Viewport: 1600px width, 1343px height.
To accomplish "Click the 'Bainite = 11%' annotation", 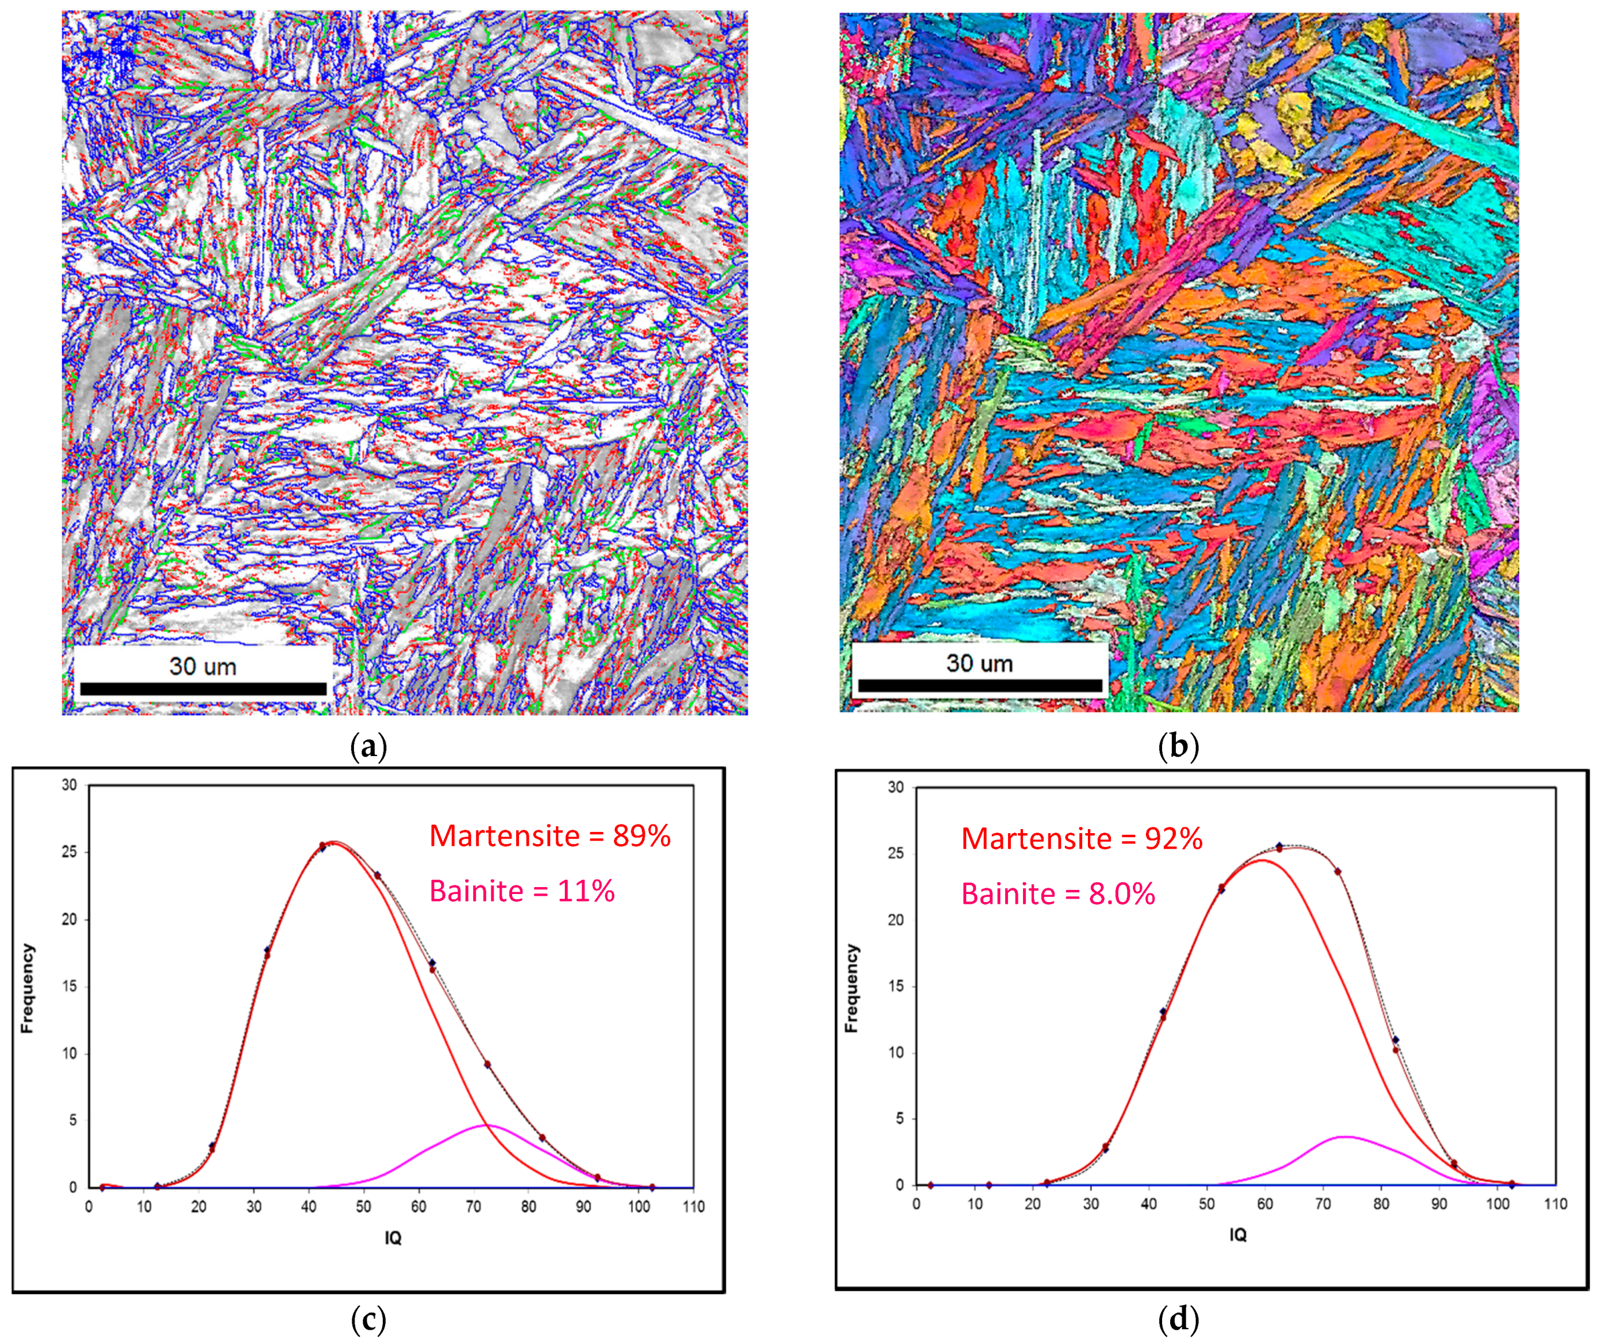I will click(522, 891).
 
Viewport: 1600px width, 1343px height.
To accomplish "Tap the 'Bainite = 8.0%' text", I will click(1058, 893).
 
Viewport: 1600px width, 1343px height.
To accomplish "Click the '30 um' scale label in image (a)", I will click(203, 666).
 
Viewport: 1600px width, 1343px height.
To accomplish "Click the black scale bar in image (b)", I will click(980, 685).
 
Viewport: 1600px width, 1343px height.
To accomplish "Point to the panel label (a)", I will click(369, 746).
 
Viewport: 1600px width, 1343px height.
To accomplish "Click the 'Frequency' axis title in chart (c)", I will click(27, 988).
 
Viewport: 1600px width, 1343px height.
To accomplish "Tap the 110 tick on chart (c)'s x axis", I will click(693, 1207).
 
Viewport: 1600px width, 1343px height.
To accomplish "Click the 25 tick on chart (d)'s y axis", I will click(896, 853).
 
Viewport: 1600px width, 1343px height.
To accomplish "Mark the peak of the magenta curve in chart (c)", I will click(485, 1125).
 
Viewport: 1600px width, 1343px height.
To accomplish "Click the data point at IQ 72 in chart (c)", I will click(487, 1065).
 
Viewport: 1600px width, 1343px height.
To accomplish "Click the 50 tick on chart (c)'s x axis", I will click(363, 1207).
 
